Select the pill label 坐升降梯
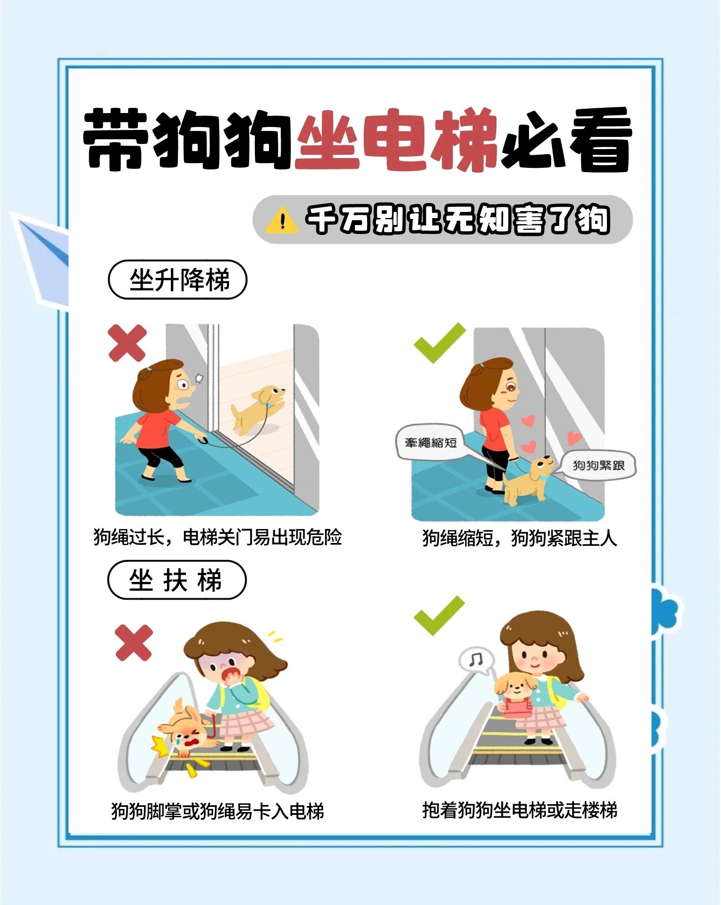point(177,280)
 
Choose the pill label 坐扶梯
point(177,580)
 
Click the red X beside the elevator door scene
point(127,344)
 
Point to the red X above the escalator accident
point(134,642)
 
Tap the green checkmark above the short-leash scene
point(439,343)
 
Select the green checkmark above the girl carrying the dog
point(439,615)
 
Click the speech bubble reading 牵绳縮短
point(430,443)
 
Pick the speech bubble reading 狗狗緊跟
point(598,465)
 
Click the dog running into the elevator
point(257,408)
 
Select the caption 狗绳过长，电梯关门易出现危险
point(217,537)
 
